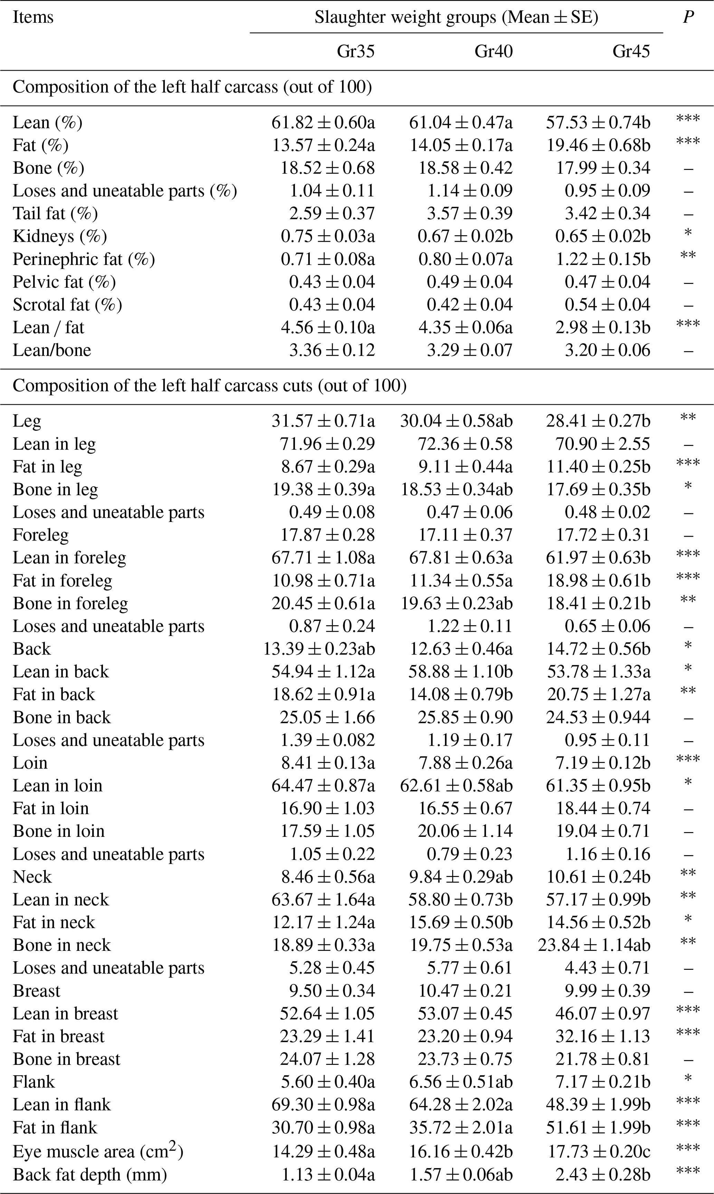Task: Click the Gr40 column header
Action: [x=493, y=51]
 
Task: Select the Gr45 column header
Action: [x=631, y=51]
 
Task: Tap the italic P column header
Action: [x=688, y=17]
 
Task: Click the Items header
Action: [x=33, y=17]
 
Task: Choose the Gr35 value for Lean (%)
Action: [x=323, y=123]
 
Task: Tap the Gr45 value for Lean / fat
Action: [x=602, y=327]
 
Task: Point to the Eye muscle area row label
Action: [x=98, y=1151]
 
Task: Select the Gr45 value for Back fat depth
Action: [x=602, y=1174]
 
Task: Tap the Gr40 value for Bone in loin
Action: [x=465, y=831]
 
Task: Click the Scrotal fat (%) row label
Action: [x=67, y=305]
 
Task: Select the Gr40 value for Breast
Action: [x=465, y=991]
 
